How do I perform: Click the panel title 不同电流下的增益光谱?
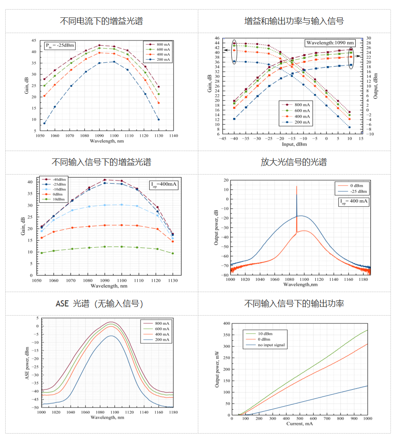pos(101,21)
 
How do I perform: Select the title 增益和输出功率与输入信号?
pos(294,21)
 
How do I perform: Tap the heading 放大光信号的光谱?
pos(294,162)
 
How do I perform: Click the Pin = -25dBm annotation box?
pos(60,45)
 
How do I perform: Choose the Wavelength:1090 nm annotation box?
pos(330,43)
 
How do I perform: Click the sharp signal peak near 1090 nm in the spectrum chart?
pos(297,187)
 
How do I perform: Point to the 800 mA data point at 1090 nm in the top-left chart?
pos(100,45)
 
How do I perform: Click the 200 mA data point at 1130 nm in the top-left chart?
pos(158,119)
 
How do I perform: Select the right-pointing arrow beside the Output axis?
pos(359,51)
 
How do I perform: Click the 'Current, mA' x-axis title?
pos(300,424)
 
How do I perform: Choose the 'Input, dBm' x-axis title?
pos(294,144)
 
